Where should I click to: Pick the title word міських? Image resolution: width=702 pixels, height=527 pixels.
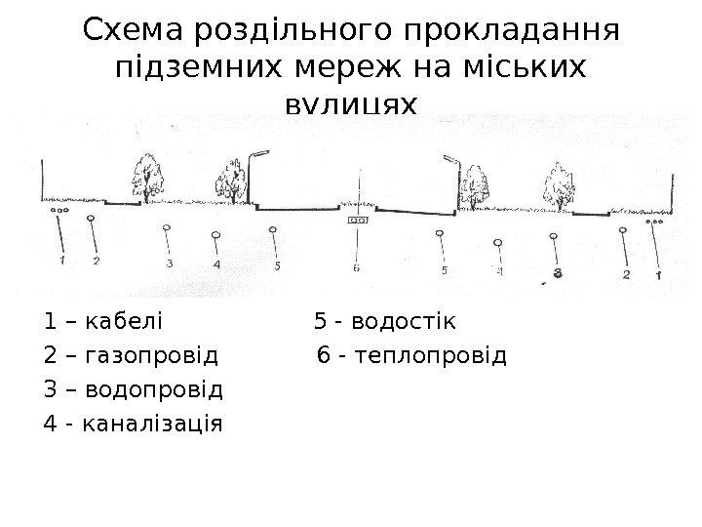(526, 69)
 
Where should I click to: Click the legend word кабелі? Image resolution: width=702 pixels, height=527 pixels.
(126, 321)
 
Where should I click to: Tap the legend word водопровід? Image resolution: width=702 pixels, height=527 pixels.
(154, 390)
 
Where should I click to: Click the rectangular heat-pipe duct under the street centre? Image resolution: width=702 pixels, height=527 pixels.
(358, 222)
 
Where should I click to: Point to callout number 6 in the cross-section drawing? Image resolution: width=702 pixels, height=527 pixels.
(357, 266)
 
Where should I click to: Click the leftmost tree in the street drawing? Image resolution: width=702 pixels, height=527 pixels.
(148, 180)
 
